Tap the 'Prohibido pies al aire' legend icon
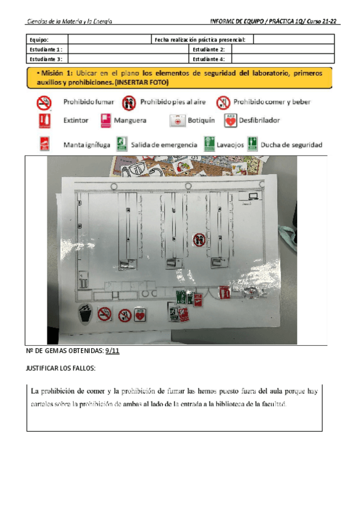coord(128,102)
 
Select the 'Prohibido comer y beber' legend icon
coord(223,102)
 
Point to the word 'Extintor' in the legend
coord(76,121)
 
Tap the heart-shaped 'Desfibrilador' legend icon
coord(230,121)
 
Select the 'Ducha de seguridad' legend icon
coord(254,144)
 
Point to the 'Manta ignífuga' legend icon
coord(44,144)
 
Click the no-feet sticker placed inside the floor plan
coord(200,241)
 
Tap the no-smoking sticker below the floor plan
coord(105,313)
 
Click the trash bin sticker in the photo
coord(85,313)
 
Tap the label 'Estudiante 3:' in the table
coord(46,59)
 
